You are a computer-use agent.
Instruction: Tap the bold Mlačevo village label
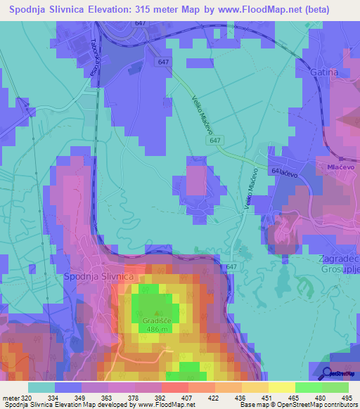click(340, 168)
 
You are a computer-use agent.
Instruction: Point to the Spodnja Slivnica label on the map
click(98, 276)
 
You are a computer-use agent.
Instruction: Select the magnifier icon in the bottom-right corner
click(328, 373)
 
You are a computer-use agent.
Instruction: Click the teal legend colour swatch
click(41, 387)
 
